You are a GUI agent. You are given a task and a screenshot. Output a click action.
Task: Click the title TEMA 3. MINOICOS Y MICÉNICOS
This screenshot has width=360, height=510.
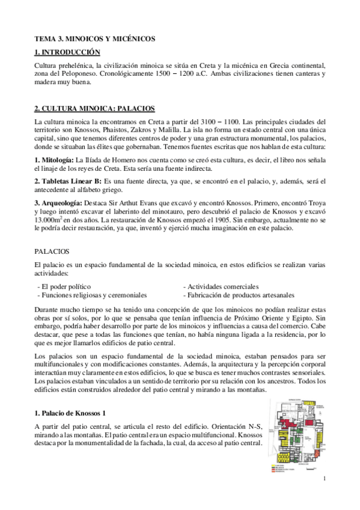[x=95, y=39]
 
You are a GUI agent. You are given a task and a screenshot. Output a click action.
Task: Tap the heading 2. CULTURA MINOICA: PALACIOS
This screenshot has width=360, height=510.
[x=96, y=109]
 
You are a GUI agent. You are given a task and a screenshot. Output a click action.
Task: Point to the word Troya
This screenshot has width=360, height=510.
[x=314, y=202]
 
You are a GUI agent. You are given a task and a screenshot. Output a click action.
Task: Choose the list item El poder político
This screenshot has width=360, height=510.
[x=65, y=286]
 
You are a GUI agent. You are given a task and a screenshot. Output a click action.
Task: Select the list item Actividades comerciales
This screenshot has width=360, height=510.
[x=222, y=286]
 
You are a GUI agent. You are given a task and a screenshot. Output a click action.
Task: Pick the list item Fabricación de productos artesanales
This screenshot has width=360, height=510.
[x=239, y=295]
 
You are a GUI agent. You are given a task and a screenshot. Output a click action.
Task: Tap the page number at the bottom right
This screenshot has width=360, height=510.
[x=323, y=479]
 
